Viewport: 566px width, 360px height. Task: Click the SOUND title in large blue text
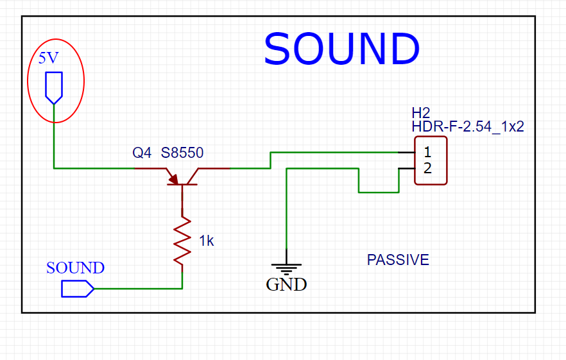click(341, 49)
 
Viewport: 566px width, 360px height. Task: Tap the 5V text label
click(48, 58)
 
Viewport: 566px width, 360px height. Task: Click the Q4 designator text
click(142, 153)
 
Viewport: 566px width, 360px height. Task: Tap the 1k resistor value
click(206, 241)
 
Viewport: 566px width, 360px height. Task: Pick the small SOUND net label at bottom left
click(75, 268)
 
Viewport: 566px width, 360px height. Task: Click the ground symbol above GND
click(286, 268)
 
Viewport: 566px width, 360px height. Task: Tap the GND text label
click(286, 284)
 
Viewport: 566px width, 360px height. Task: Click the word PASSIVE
click(398, 260)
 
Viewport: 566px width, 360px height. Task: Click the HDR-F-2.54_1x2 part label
click(468, 126)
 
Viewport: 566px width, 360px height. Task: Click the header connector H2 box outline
click(446, 160)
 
